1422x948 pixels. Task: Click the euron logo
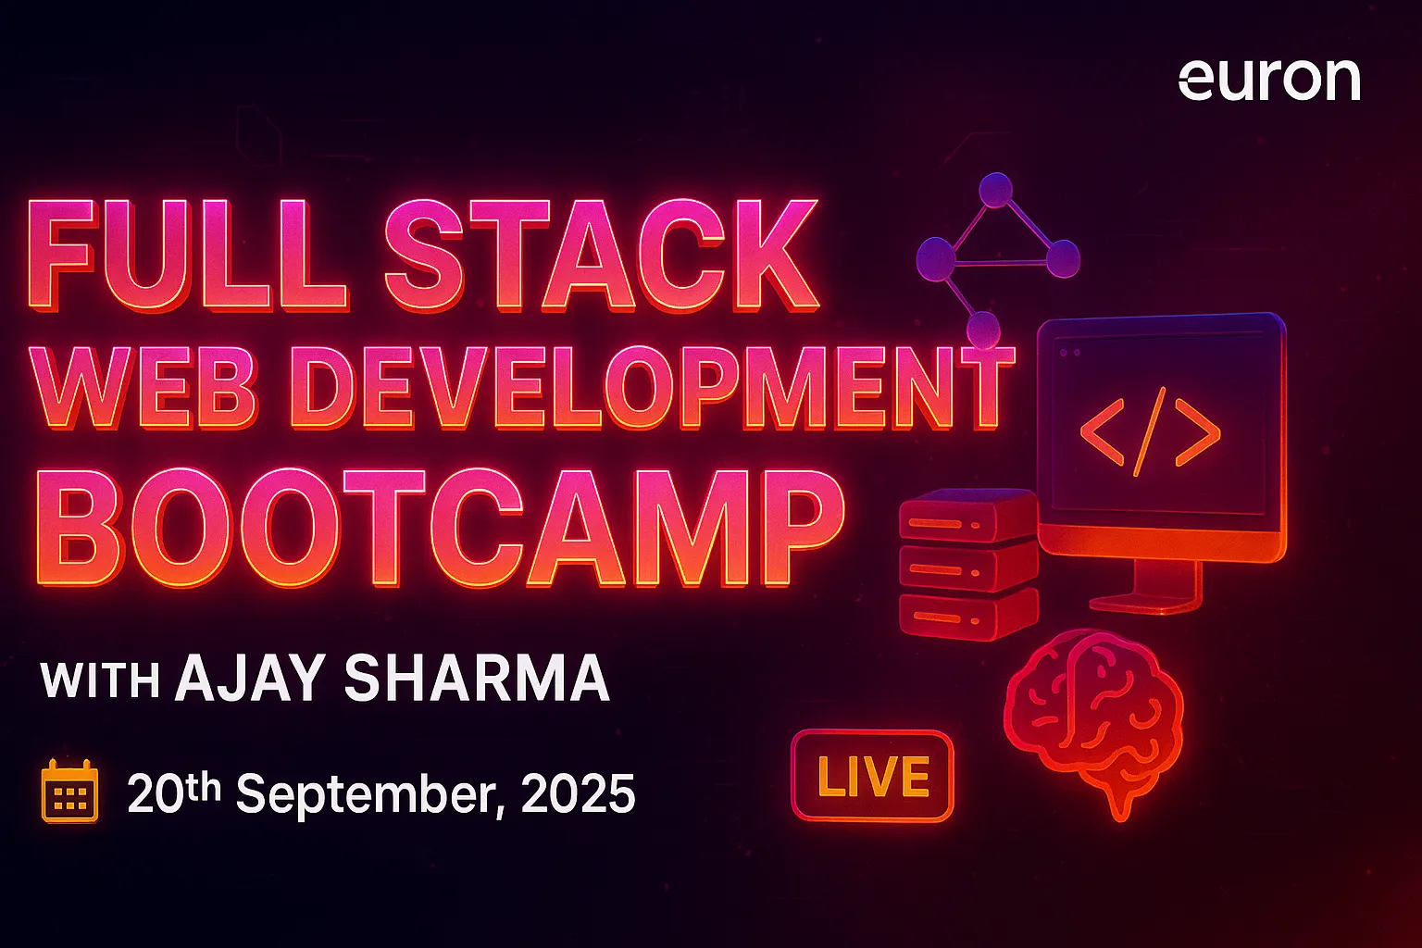(x=1269, y=80)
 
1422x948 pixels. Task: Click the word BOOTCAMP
(x=441, y=528)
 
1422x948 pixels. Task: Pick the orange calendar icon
(x=70, y=792)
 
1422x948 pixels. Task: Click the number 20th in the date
(x=174, y=792)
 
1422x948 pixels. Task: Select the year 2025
(x=578, y=793)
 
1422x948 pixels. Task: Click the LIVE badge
(x=872, y=777)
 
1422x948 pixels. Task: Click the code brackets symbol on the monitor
(x=1150, y=432)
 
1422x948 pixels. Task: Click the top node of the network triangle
(x=996, y=189)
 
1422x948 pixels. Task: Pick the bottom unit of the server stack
(x=967, y=614)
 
